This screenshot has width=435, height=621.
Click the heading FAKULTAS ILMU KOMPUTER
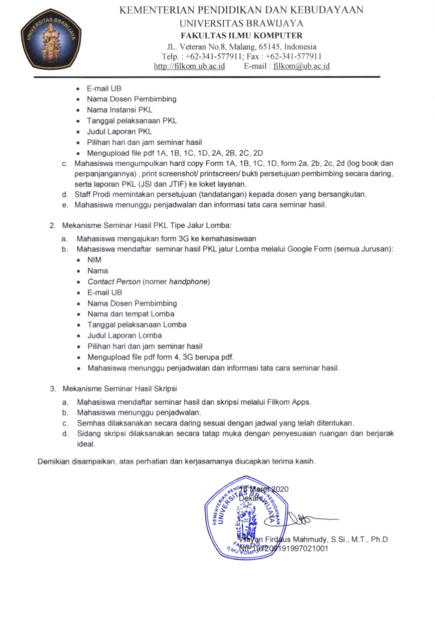(241, 35)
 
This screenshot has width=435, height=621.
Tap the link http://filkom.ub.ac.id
(189, 66)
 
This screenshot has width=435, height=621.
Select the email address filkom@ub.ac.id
(301, 66)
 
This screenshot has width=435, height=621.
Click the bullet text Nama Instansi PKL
(120, 110)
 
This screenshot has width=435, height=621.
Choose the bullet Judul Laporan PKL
(119, 132)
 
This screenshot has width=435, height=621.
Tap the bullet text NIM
(94, 260)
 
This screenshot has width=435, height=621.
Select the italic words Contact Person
(114, 282)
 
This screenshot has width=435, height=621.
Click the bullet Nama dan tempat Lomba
(131, 314)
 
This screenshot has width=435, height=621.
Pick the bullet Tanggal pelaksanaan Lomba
(137, 325)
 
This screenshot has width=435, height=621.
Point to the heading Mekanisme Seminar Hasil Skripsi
(119, 389)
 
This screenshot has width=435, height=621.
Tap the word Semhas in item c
(91, 423)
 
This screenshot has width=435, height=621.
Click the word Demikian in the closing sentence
(53, 462)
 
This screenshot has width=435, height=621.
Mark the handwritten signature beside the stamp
(307, 519)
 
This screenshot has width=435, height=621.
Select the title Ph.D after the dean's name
(379, 540)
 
